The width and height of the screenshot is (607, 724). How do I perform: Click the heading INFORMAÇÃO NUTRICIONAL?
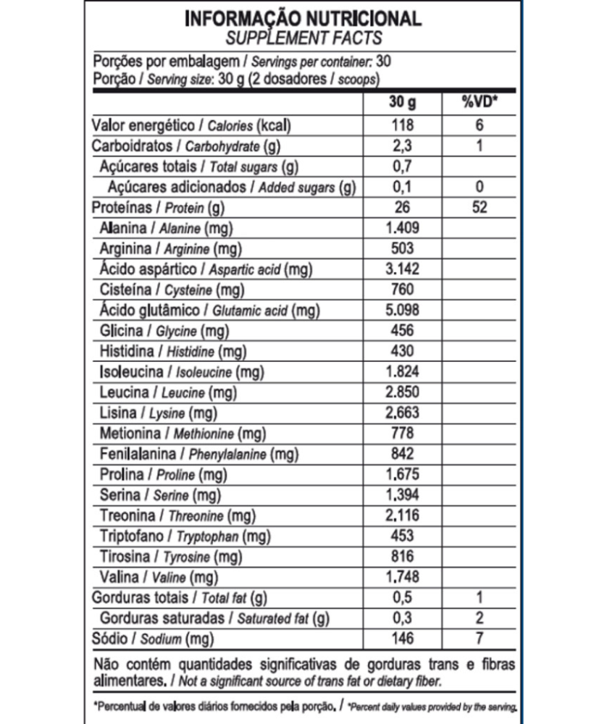point(303,18)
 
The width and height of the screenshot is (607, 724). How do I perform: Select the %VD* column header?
point(479,101)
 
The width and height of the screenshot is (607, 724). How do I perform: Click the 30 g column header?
point(401,101)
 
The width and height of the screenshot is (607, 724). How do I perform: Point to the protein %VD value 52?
point(479,208)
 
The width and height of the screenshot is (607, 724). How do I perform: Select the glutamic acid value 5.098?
point(401,311)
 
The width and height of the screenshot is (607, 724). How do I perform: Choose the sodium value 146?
point(401,639)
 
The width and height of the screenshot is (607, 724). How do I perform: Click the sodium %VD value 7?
point(479,639)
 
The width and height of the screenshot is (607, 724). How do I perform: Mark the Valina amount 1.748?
point(401,577)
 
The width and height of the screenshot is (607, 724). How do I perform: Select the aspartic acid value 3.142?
point(401,269)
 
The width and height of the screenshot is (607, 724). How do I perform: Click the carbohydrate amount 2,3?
point(401,146)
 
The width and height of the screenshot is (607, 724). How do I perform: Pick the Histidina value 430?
point(401,351)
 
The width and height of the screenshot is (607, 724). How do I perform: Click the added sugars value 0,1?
point(401,188)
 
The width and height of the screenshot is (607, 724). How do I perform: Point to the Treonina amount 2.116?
point(401,515)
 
